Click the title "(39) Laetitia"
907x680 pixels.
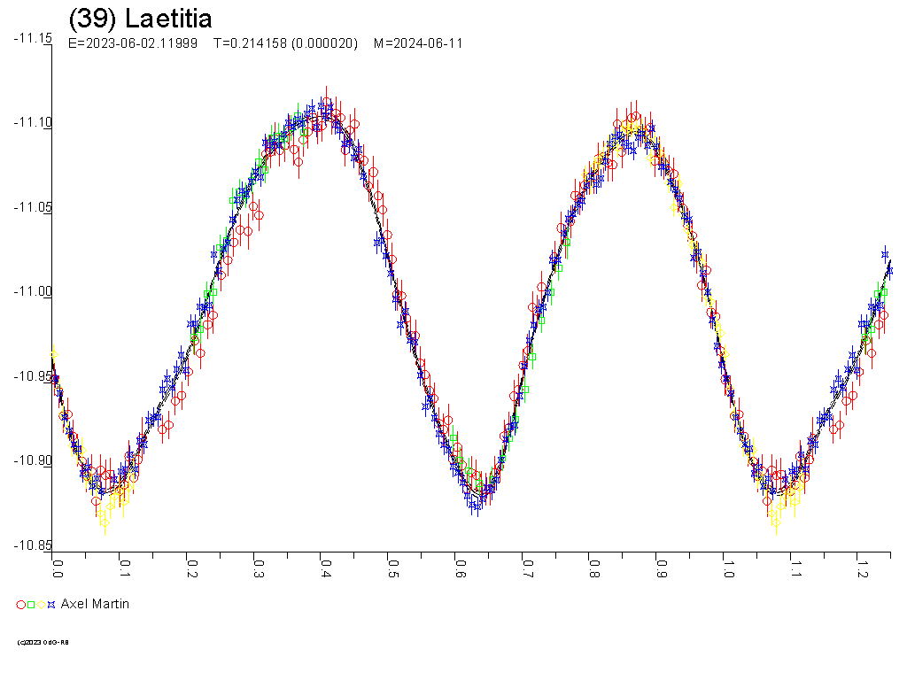[x=140, y=19]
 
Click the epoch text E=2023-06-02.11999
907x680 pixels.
[x=133, y=43]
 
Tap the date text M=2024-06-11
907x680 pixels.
[x=418, y=43]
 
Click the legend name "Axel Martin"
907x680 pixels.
[x=95, y=604]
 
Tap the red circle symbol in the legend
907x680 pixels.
[x=21, y=605]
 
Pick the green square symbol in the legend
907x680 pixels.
[x=31, y=605]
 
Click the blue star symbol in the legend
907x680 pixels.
[x=51, y=605]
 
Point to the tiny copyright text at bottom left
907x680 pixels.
[x=43, y=642]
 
